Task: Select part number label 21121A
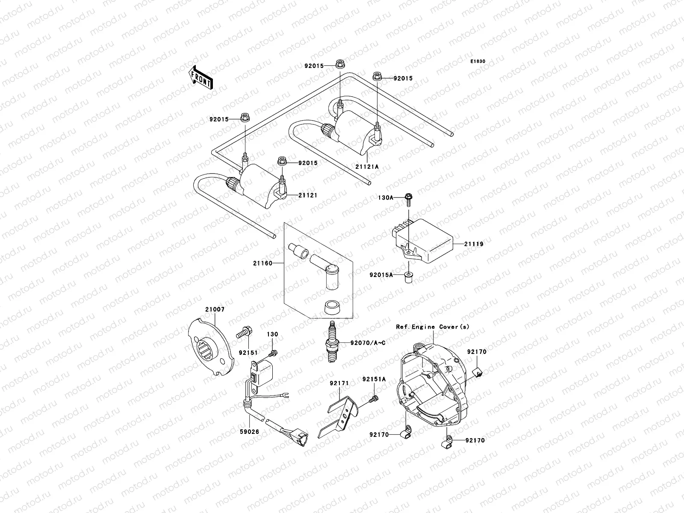(x=367, y=167)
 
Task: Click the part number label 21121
(x=308, y=195)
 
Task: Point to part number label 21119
(x=475, y=244)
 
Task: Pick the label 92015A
(x=381, y=275)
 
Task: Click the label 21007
(x=215, y=309)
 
